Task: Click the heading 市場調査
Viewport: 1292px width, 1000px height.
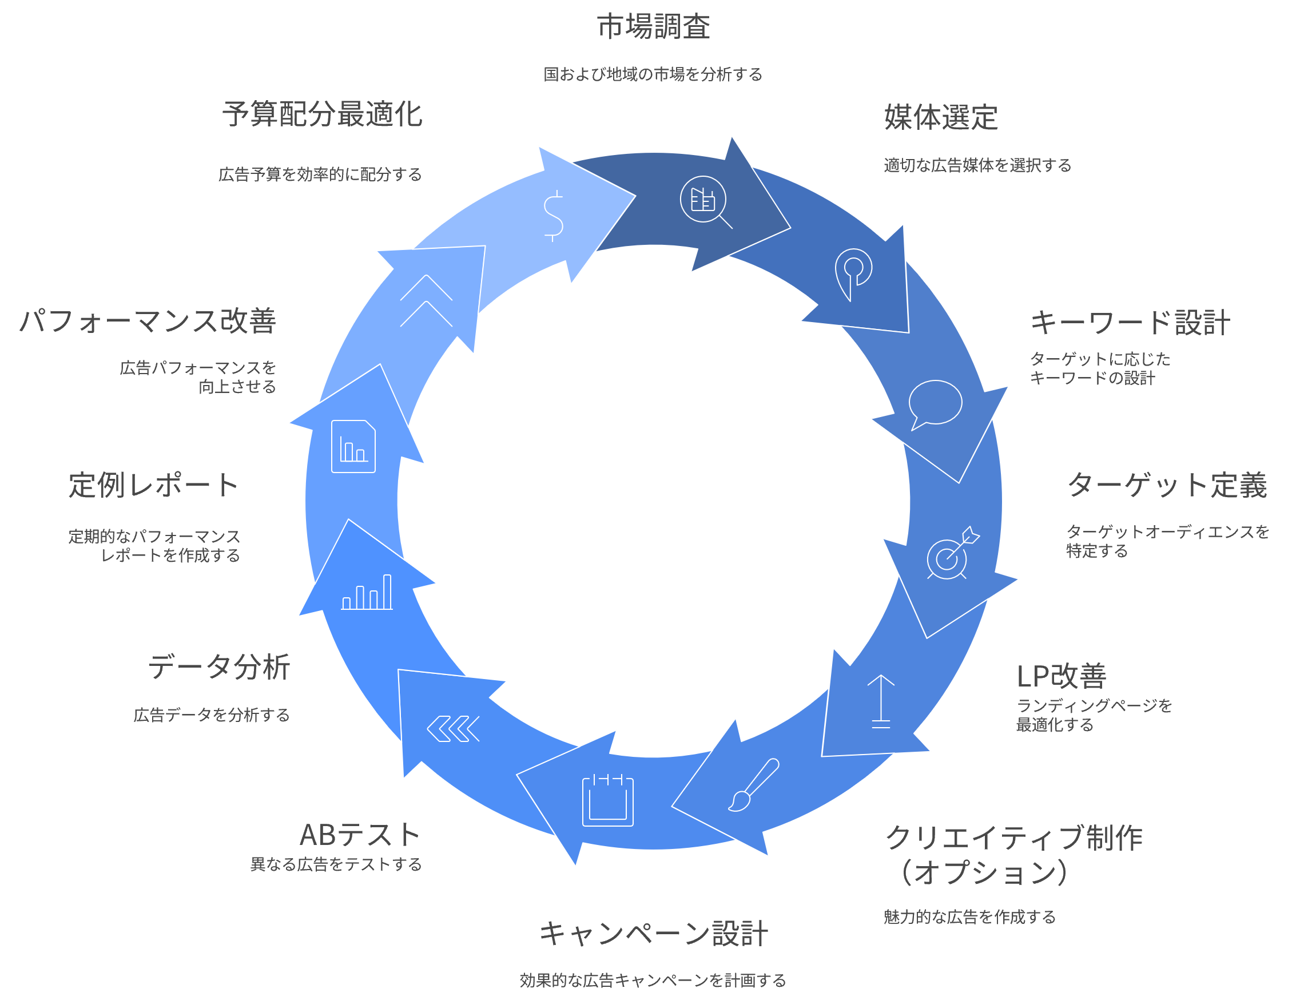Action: (653, 27)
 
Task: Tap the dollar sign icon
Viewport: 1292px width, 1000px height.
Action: (553, 216)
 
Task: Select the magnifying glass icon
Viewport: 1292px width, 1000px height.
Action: (705, 201)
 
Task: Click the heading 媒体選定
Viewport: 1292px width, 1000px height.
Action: (941, 117)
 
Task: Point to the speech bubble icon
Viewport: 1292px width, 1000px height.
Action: (935, 404)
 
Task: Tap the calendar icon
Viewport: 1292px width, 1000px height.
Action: (607, 800)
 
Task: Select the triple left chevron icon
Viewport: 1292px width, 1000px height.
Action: (453, 729)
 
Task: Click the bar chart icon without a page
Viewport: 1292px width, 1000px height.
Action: (367, 592)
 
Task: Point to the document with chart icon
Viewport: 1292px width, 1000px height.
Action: (353, 447)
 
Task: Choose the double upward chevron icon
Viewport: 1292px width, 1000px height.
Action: (426, 301)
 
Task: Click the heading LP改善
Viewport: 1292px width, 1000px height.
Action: (1062, 676)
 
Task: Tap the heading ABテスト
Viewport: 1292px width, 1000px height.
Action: (360, 835)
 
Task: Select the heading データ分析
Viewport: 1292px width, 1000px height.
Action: (219, 667)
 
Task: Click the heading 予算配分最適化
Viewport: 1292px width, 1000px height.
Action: (323, 114)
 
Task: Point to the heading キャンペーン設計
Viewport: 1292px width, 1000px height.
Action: (653, 934)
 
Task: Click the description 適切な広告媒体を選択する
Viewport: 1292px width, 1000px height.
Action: (977, 165)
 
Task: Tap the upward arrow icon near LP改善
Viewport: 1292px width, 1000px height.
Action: (881, 701)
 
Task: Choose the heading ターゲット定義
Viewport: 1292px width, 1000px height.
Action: (1167, 485)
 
